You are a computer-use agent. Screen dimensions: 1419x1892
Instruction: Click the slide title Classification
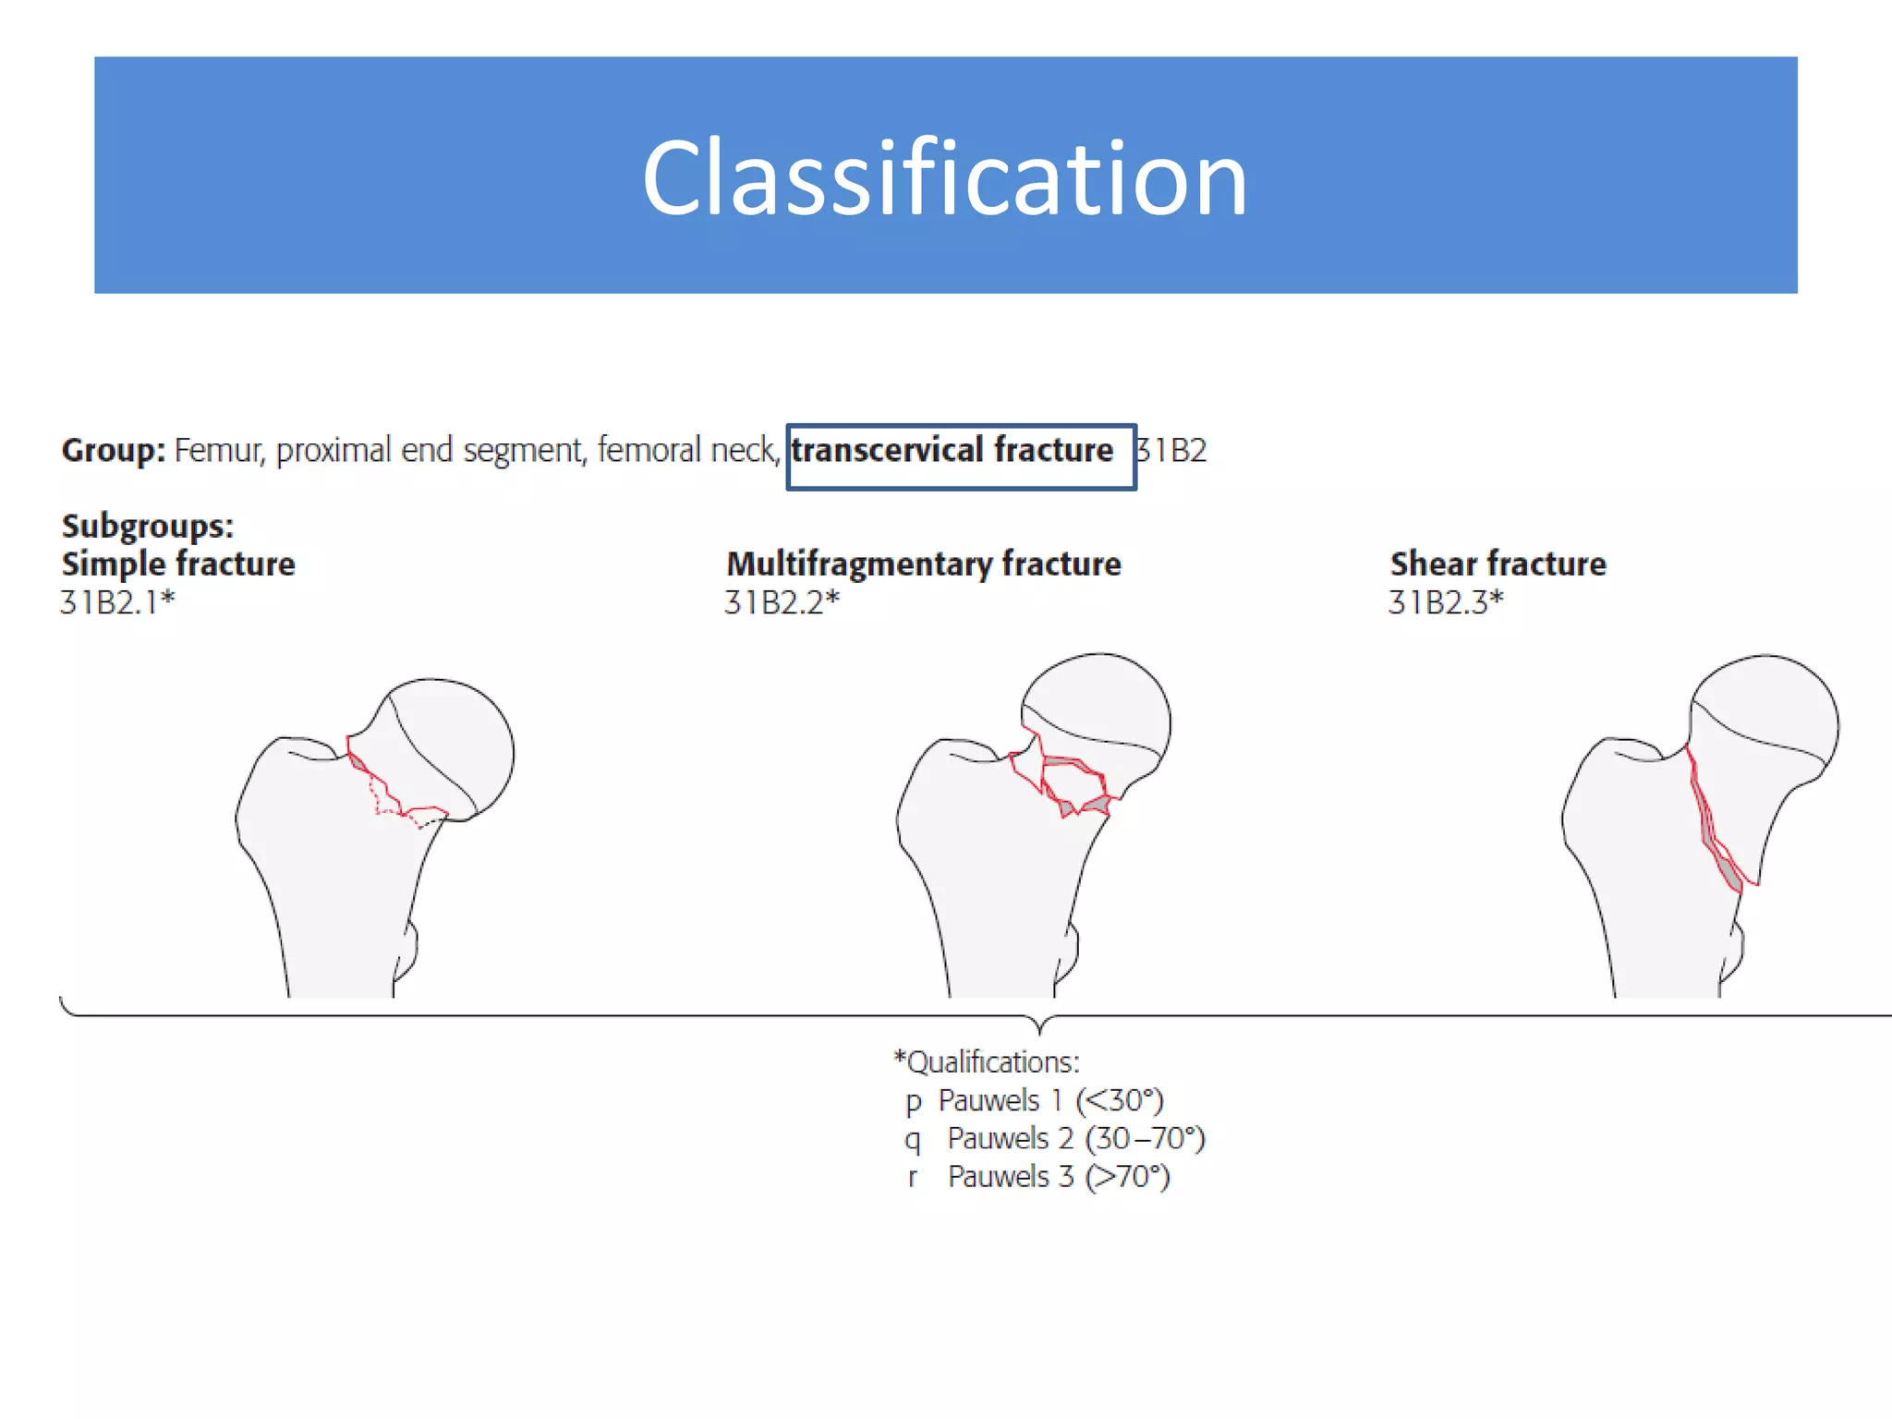pos(945,177)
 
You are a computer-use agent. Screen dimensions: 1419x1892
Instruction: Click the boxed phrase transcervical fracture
pos(952,451)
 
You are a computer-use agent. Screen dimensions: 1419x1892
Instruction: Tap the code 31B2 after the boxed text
pos(1171,451)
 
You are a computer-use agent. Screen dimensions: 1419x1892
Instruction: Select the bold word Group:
pos(113,451)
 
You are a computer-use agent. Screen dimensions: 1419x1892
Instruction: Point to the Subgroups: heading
pos(148,526)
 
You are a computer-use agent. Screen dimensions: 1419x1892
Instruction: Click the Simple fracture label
pos(178,564)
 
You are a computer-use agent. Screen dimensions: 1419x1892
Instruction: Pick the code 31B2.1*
pos(117,602)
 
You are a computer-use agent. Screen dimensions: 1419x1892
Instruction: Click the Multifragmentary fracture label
pos(923,564)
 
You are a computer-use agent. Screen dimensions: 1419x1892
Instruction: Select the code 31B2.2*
pos(782,602)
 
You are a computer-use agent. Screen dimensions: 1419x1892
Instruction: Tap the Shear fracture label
pos(1498,564)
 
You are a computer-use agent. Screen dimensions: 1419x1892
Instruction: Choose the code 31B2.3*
pos(1446,602)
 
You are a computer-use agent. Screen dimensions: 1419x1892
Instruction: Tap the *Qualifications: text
pos(987,1062)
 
